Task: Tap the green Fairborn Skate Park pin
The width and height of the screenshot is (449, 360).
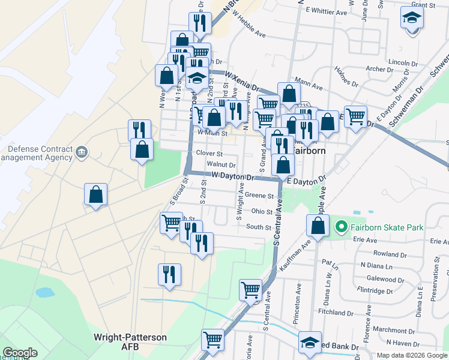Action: (342, 227)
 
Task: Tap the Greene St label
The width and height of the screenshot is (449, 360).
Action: (259, 196)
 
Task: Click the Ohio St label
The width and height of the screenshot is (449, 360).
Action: (262, 211)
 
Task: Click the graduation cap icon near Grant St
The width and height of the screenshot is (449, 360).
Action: (412, 17)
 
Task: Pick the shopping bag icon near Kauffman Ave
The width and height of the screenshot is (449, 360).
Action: (318, 226)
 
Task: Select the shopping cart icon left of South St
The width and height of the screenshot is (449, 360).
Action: (171, 222)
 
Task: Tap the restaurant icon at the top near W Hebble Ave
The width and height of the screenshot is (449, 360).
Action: (200, 22)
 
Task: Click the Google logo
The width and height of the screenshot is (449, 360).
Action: (20, 353)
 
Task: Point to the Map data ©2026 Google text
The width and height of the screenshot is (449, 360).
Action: (412, 355)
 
